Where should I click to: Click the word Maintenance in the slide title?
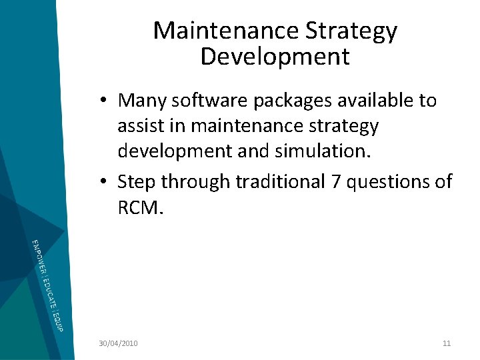[226, 31]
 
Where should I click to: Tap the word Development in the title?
[275, 57]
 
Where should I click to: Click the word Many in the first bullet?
[141, 101]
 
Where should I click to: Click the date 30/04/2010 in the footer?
[118, 343]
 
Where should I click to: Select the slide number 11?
[447, 343]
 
